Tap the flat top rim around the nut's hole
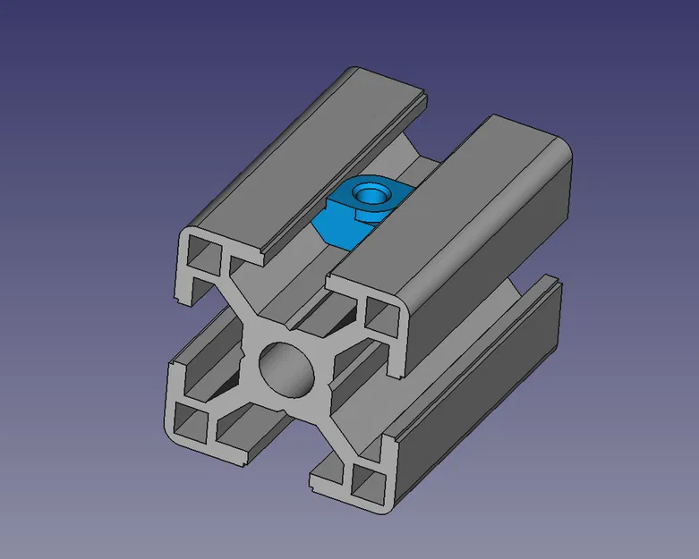click(x=385, y=200)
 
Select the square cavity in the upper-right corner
click(x=379, y=314)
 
